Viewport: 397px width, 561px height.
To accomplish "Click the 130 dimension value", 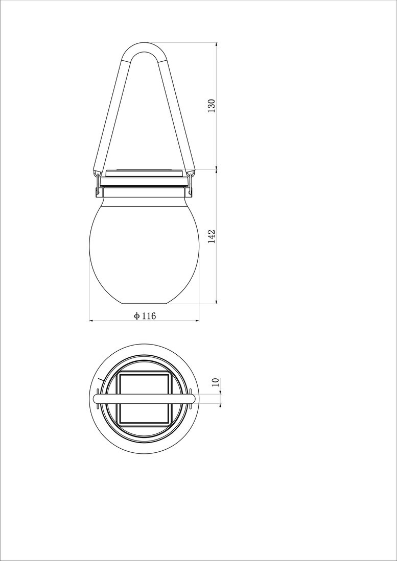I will (x=212, y=105).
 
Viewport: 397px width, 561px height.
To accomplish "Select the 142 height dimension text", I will (x=212, y=236).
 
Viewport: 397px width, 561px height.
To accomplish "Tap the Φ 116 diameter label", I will (x=145, y=316).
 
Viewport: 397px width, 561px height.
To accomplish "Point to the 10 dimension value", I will (x=215, y=381).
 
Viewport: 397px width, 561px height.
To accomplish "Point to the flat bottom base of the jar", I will (x=144, y=303).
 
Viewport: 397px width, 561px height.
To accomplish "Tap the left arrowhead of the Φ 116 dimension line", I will (x=92, y=321).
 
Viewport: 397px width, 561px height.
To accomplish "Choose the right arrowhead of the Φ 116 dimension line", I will (x=196, y=321).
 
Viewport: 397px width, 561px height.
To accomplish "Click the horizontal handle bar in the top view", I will (x=144, y=399).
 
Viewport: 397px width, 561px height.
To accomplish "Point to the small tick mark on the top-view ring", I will (x=101, y=380).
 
